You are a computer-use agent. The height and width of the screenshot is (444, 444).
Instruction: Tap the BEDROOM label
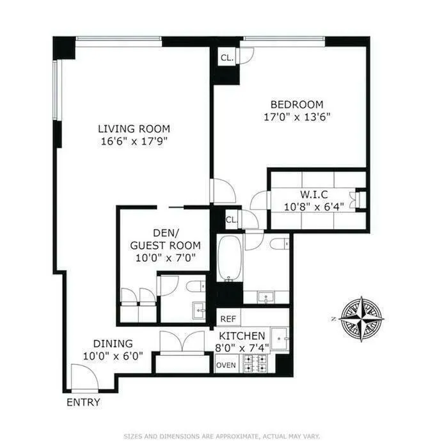tap(296, 104)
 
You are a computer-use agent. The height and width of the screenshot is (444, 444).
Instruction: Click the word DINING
tap(112, 343)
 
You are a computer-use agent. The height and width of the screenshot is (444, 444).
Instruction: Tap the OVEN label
tap(226, 365)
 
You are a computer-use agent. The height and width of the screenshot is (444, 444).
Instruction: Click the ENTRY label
tap(83, 402)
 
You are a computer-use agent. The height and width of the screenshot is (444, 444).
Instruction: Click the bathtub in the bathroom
tap(228, 258)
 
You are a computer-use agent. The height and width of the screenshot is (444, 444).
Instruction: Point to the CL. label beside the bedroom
tap(226, 58)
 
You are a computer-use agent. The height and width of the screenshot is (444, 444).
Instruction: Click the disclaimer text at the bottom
tap(221, 434)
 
